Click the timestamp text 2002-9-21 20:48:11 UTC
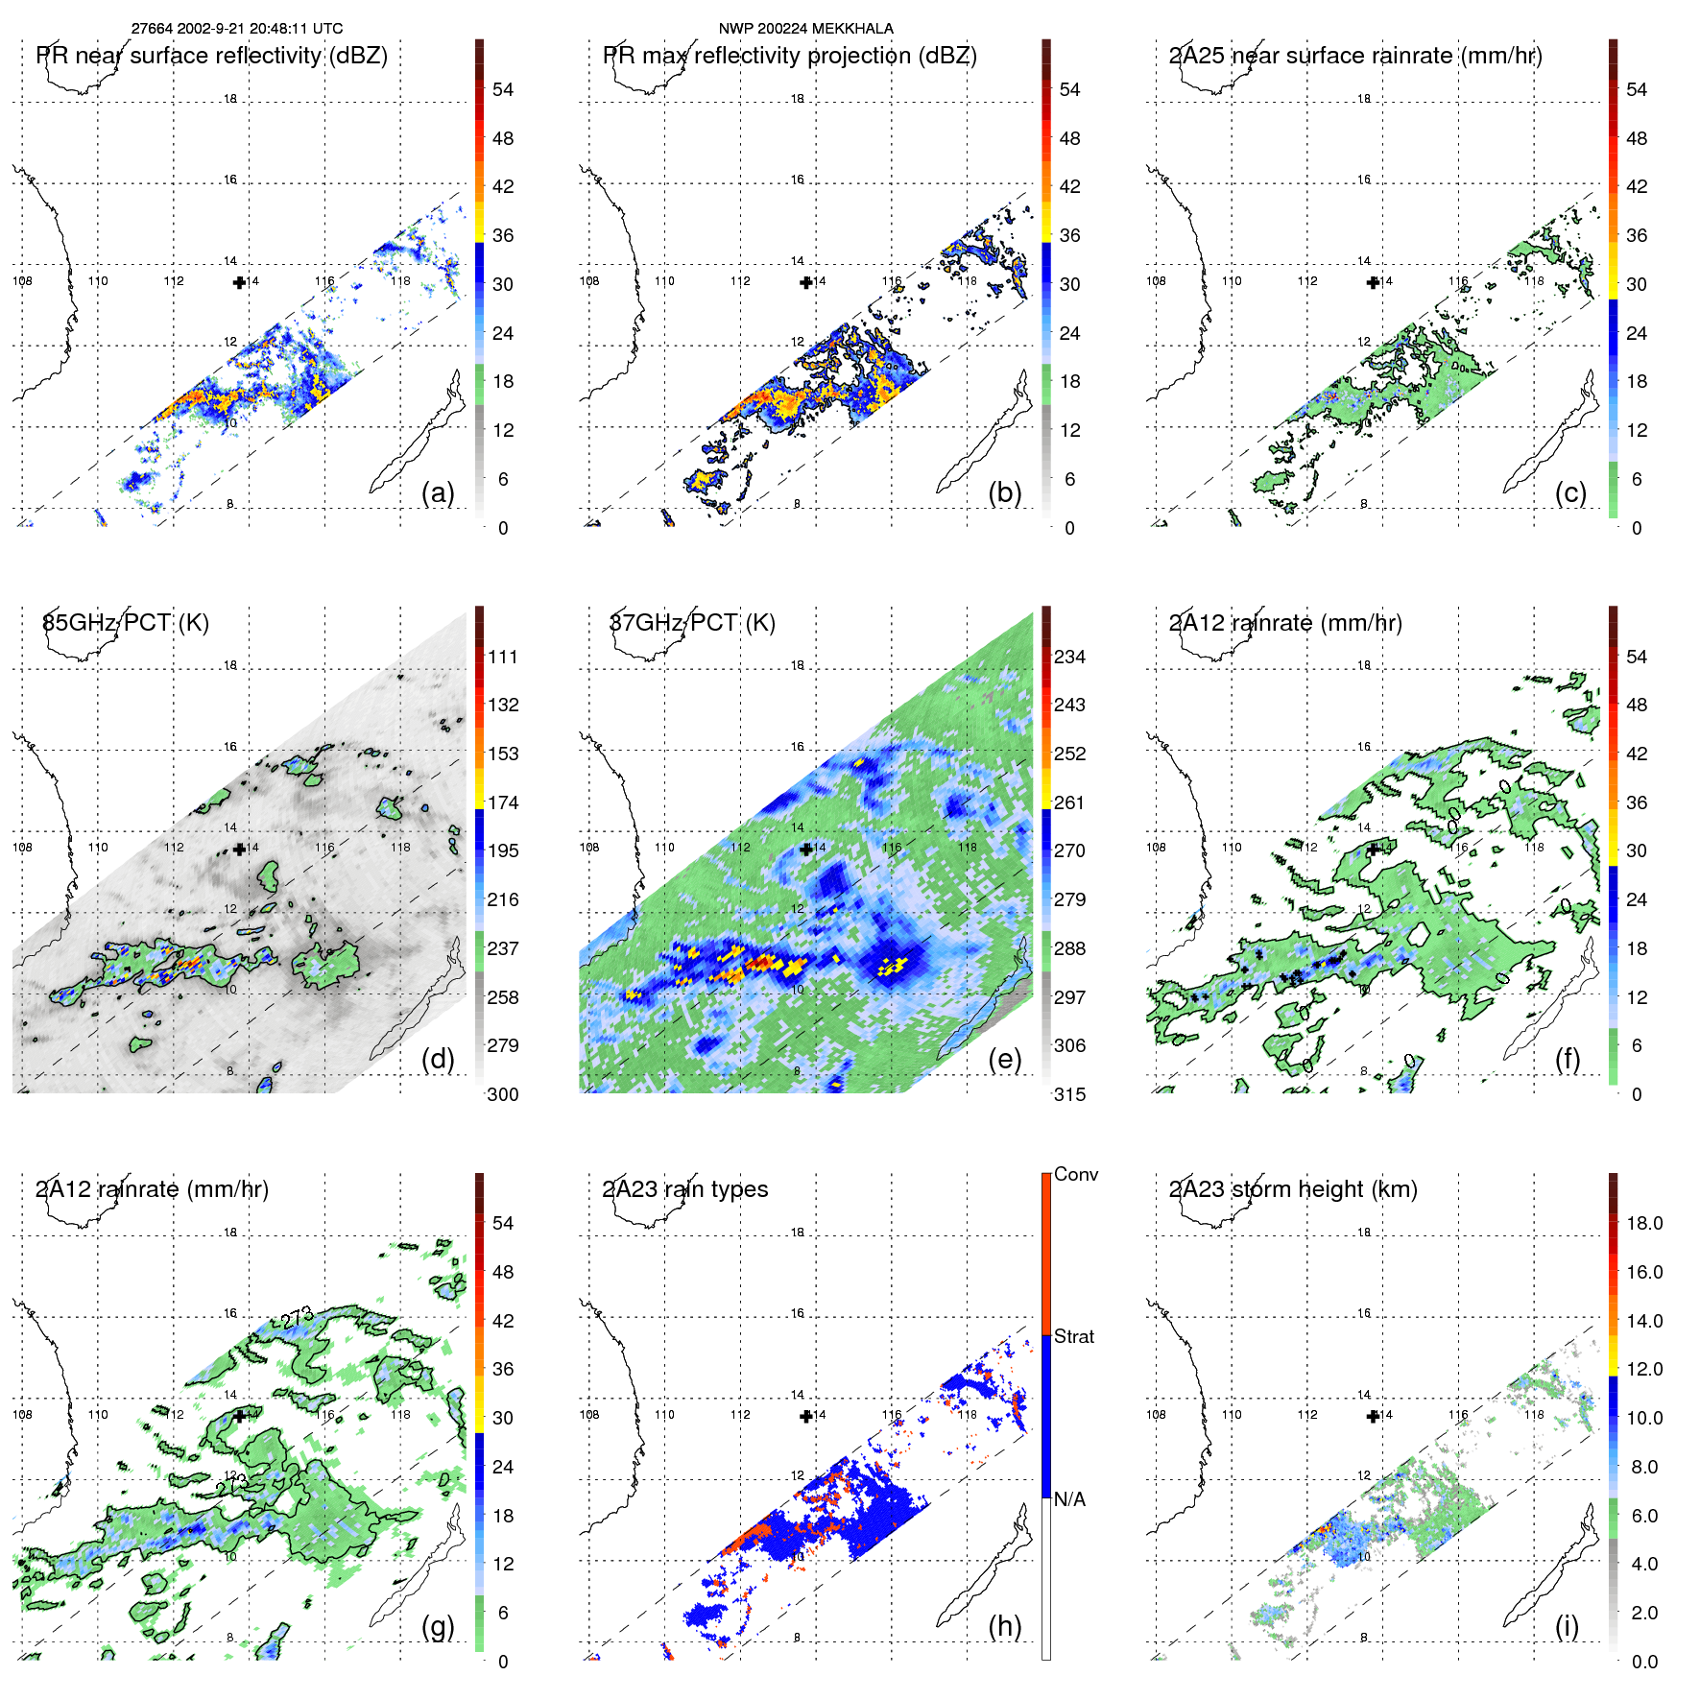[259, 29]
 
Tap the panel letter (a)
[438, 492]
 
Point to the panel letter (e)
[1004, 1059]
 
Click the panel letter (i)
[1567, 1626]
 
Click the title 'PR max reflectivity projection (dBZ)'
[789, 56]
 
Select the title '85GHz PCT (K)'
[126, 622]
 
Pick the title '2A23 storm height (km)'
[1293, 1189]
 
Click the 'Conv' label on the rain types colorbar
[1076, 1175]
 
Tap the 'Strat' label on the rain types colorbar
[1074, 1336]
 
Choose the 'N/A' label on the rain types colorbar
[1069, 1499]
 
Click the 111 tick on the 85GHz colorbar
[503, 657]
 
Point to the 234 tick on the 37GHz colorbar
[1069, 657]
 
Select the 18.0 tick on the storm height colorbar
[1644, 1223]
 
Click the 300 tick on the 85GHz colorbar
[503, 1094]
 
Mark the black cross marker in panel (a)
[239, 282]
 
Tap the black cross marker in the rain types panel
[806, 1416]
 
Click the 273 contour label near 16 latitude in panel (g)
[298, 1318]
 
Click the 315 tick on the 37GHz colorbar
[1069, 1094]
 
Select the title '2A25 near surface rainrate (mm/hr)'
[1355, 56]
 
